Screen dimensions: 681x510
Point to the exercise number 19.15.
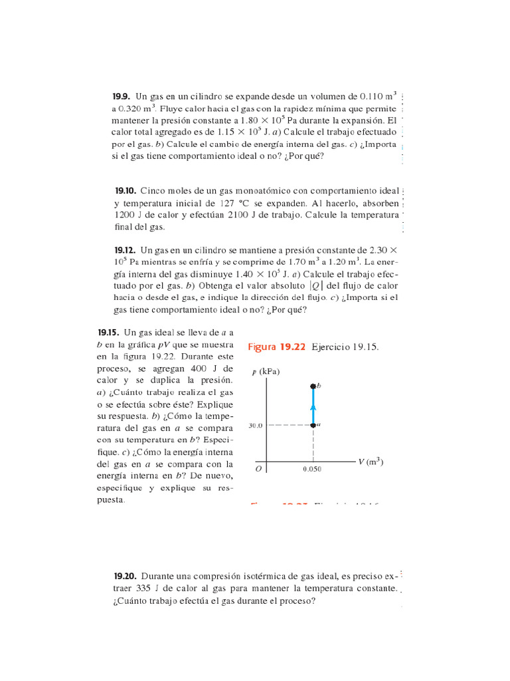108,332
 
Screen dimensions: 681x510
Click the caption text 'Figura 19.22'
276,347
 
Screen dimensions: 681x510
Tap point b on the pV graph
313,386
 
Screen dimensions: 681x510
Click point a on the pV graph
313,424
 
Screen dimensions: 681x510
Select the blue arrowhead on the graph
313,408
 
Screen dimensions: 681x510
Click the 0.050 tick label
312,469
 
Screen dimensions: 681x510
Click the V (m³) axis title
371,462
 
